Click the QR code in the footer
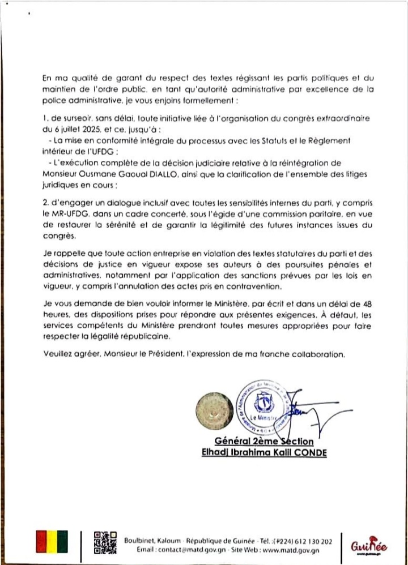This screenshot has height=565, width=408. coord(105,542)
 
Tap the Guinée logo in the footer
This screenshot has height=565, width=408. coord(369,547)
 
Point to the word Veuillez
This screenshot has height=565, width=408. coord(57,354)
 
